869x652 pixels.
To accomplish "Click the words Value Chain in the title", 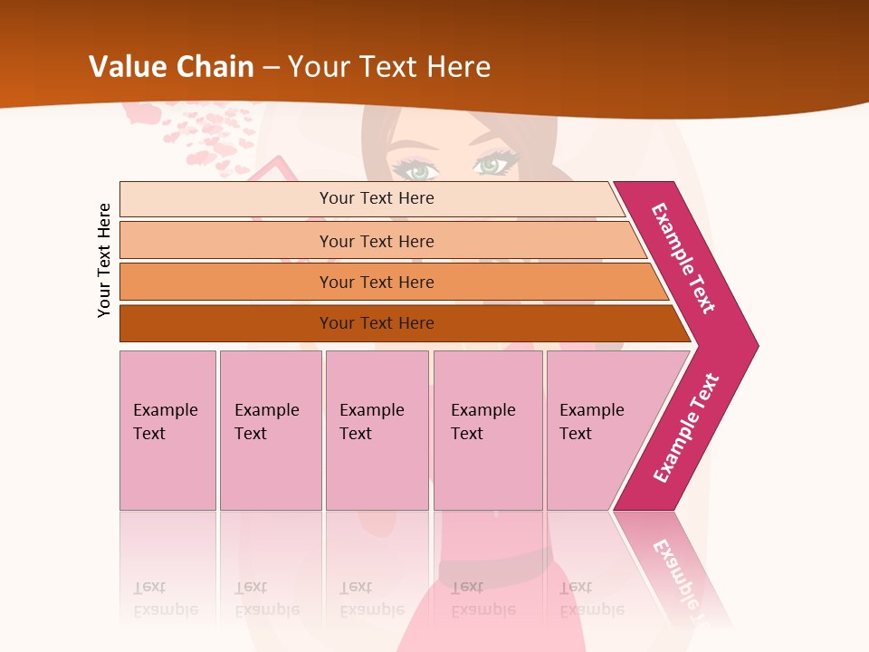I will [x=171, y=67].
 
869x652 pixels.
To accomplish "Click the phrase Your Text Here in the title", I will [x=389, y=67].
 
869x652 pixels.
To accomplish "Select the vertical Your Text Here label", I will [x=104, y=261].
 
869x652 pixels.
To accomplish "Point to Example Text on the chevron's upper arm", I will [x=683, y=258].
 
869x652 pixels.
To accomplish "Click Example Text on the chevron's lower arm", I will [x=686, y=428].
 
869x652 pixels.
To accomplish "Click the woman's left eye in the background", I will [x=417, y=169].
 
